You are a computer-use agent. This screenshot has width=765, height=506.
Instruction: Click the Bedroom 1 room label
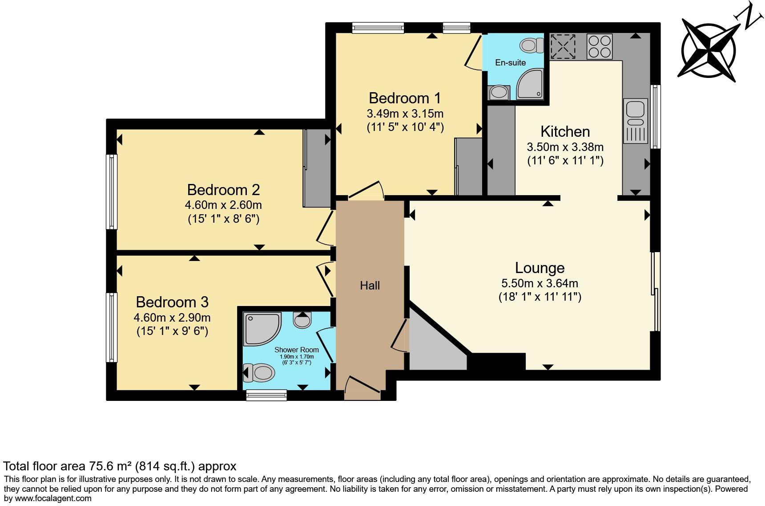[x=405, y=98]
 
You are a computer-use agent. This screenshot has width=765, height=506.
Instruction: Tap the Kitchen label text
[x=565, y=131]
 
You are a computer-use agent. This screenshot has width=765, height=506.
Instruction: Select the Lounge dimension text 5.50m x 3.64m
[x=540, y=283]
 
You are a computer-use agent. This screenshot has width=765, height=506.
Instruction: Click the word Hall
[x=370, y=286]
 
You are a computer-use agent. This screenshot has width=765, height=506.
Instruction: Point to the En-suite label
[x=510, y=63]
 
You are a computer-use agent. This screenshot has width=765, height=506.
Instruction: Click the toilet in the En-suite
[x=531, y=45]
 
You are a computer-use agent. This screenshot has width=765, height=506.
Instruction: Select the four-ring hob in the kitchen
[x=599, y=46]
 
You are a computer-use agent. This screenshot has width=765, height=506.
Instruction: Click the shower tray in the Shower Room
[x=261, y=330]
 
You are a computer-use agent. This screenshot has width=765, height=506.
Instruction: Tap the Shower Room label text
[x=296, y=350]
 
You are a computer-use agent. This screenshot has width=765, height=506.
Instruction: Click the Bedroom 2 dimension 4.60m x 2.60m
[x=223, y=205]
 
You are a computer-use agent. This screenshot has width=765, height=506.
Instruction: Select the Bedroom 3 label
[x=172, y=302]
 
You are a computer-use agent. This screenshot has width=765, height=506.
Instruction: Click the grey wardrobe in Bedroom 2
[x=317, y=168]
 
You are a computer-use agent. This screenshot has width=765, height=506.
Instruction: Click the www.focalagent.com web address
[x=52, y=498]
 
